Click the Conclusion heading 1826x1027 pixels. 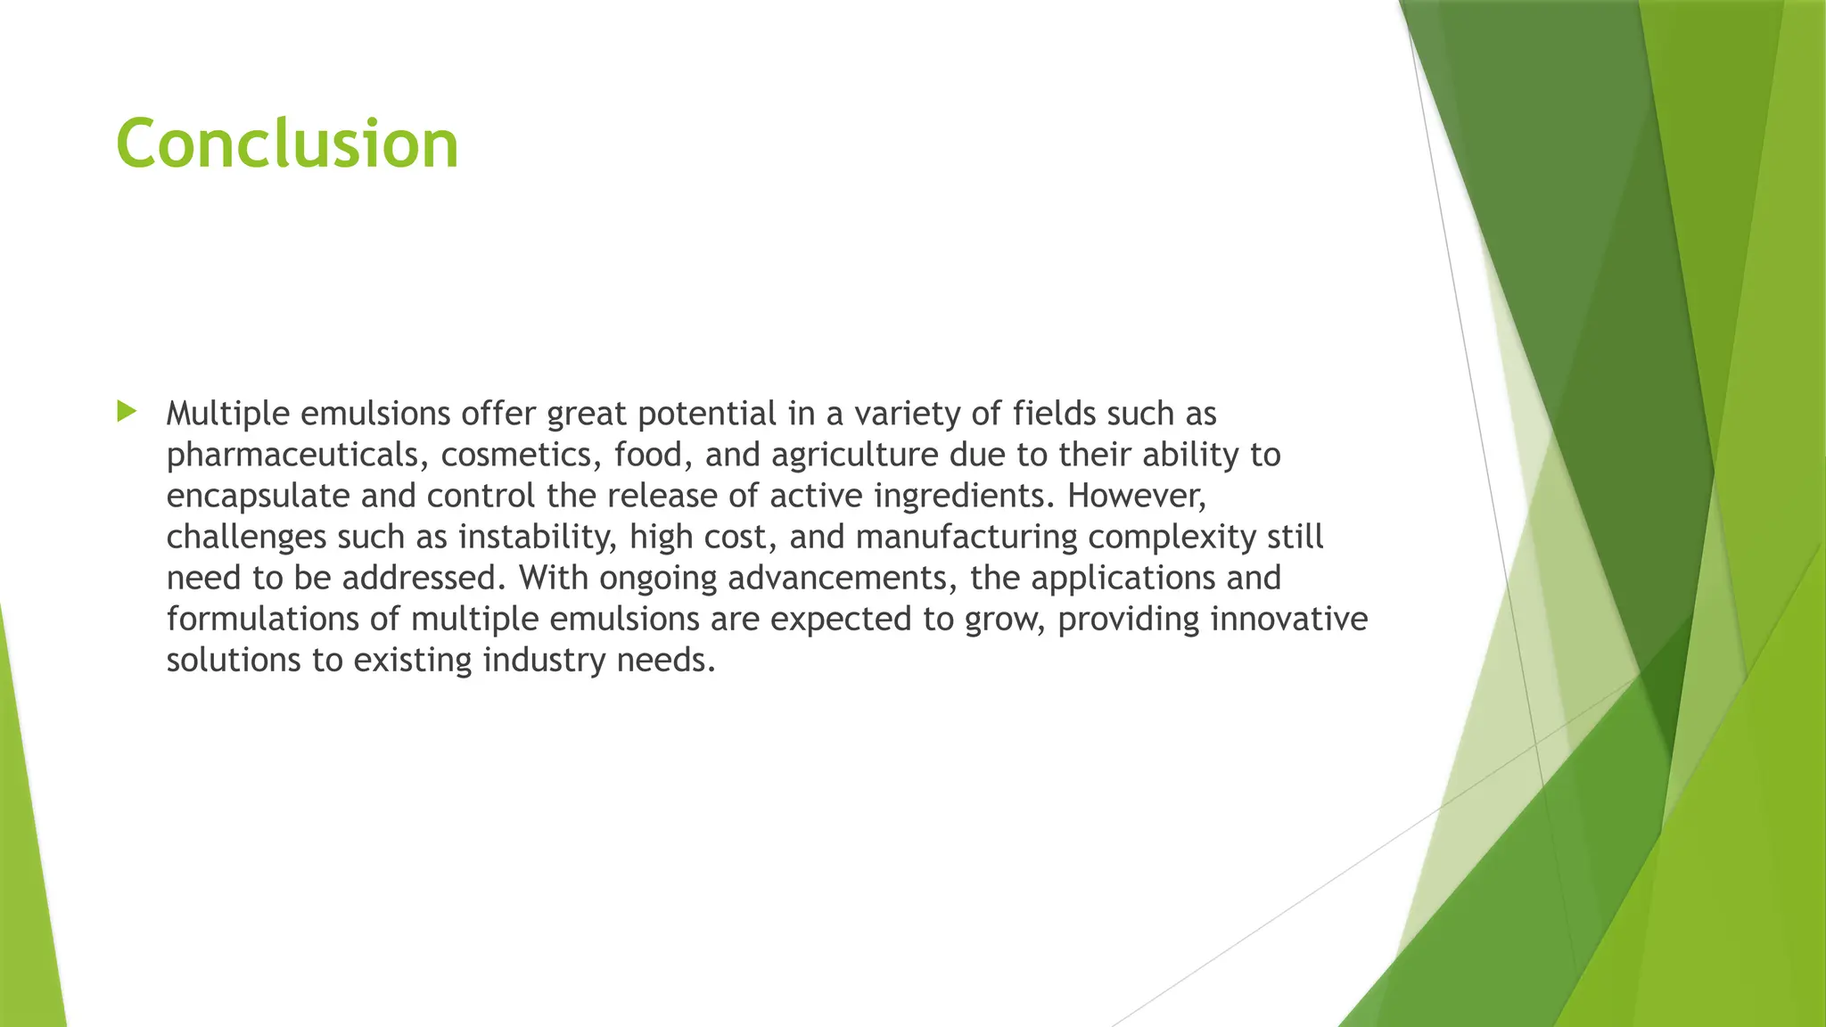(x=287, y=144)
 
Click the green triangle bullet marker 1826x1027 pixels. (x=127, y=412)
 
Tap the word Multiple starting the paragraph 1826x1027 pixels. (x=227, y=415)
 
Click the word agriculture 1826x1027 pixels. (x=854, y=456)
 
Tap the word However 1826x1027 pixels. (x=1135, y=497)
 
